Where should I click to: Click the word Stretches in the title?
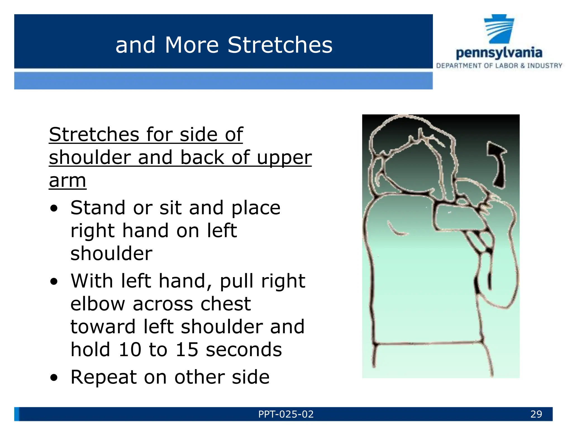coord(280,45)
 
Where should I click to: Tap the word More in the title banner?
coord(192,45)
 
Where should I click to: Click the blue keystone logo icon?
coord(499,29)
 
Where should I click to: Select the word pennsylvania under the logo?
coord(499,53)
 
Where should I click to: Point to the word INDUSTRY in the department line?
coord(544,66)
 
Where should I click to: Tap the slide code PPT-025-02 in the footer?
coord(286,414)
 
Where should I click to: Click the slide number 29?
coord(536,414)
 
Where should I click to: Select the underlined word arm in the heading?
coord(67,181)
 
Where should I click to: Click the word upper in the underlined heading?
coord(284,158)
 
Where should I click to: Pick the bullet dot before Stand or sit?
coord(54,208)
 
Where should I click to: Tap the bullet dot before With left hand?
coord(54,282)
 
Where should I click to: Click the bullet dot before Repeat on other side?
coord(54,378)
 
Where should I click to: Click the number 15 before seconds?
coord(187,350)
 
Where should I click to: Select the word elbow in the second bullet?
coord(98,304)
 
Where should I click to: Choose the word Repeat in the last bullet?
coord(103,378)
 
